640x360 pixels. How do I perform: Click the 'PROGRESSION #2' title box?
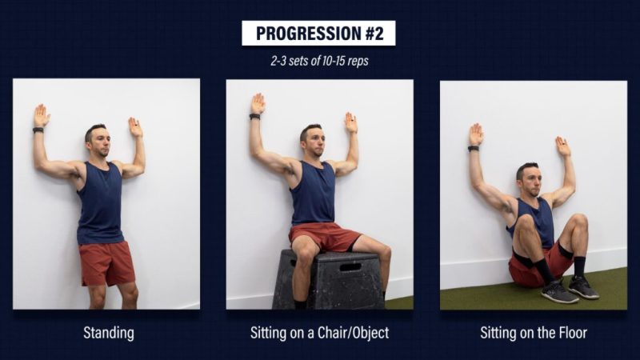(x=318, y=33)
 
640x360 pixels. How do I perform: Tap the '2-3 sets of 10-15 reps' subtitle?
(x=319, y=61)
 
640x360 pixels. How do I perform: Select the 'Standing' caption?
(x=109, y=333)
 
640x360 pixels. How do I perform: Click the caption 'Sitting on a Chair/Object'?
(x=319, y=333)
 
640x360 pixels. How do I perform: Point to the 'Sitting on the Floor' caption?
(x=534, y=333)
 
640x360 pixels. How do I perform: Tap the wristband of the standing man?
(x=38, y=130)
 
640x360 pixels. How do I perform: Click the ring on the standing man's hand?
(x=133, y=122)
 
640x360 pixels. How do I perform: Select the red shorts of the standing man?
(x=106, y=263)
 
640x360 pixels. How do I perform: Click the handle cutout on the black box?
(x=350, y=267)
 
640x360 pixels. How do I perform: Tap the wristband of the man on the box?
(x=254, y=117)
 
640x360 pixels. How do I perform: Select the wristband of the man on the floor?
(x=474, y=149)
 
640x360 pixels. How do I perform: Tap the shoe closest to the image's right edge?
(x=583, y=287)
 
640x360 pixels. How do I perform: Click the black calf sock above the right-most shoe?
(x=579, y=266)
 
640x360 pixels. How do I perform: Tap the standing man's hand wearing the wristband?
(x=42, y=116)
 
